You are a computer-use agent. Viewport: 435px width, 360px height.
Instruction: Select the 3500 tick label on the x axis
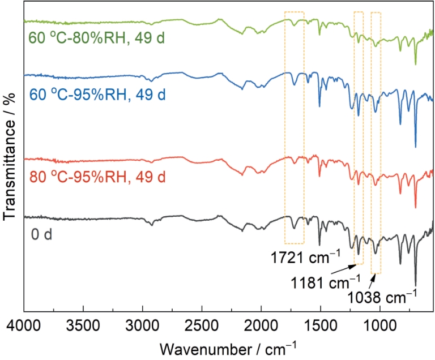(83, 326)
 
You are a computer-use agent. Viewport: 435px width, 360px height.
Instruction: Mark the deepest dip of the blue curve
(415, 147)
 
